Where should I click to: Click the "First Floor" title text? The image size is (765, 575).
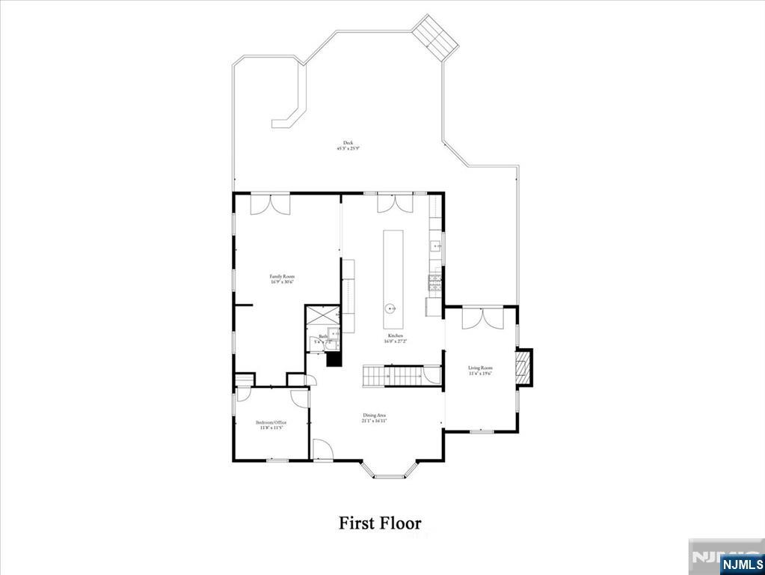380,523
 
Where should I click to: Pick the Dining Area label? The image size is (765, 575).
375,418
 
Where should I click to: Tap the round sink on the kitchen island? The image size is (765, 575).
390,308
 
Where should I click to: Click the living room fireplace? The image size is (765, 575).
524,367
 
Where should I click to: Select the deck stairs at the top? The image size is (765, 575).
436,38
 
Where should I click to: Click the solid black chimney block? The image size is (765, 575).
334,359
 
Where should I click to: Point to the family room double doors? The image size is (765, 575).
270,204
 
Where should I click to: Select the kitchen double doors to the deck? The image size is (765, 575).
394,203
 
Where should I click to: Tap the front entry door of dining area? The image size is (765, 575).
322,451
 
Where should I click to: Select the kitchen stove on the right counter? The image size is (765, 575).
435,282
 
